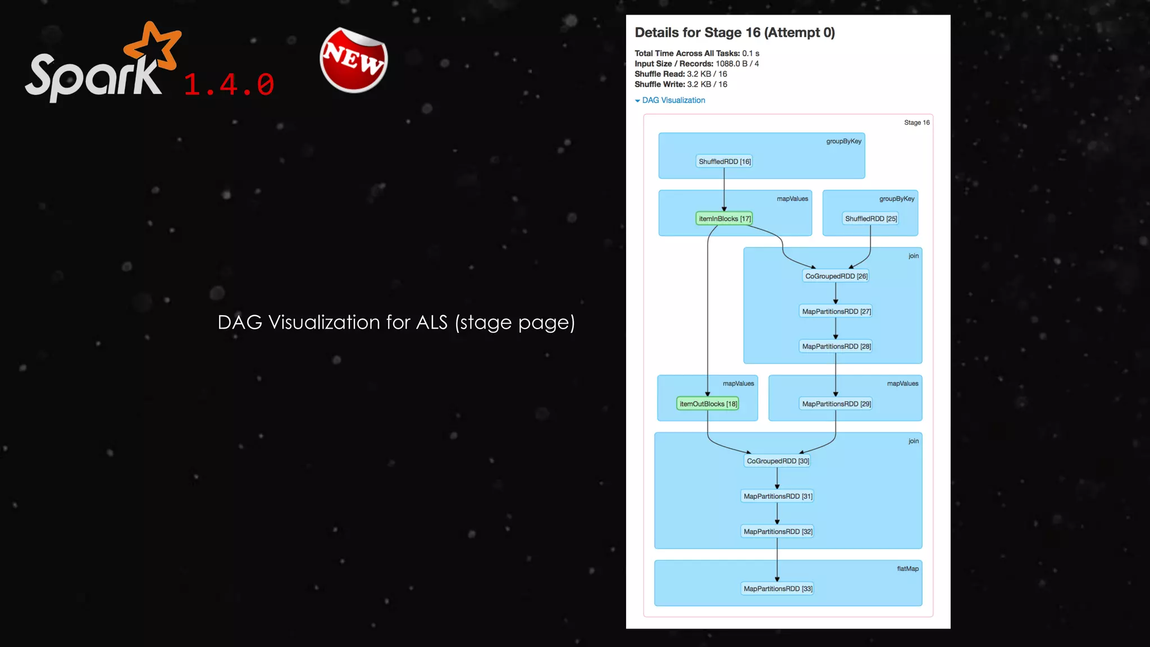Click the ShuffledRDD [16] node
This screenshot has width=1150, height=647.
(x=724, y=162)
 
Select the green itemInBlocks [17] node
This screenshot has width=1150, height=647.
(x=724, y=218)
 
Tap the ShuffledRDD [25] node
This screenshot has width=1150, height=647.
(x=870, y=218)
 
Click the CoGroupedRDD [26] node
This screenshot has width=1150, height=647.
(x=836, y=276)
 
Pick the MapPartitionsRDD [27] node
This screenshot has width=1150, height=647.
(x=836, y=312)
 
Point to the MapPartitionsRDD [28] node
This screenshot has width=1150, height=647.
(x=836, y=347)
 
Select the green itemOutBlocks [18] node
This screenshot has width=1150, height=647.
(x=708, y=404)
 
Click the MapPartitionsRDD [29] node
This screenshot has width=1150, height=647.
(x=836, y=404)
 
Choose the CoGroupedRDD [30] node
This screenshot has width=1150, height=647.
(x=778, y=461)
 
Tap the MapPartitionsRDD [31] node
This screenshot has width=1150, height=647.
(x=778, y=496)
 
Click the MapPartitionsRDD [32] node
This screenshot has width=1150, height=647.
(x=778, y=531)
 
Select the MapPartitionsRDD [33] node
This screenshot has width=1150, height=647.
(x=778, y=589)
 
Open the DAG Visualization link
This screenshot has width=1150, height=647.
(x=673, y=101)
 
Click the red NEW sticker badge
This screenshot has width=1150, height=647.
(x=354, y=60)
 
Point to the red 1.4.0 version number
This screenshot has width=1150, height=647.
(x=229, y=85)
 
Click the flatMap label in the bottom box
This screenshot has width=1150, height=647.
(x=907, y=569)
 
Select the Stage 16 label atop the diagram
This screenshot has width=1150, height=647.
(x=916, y=122)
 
